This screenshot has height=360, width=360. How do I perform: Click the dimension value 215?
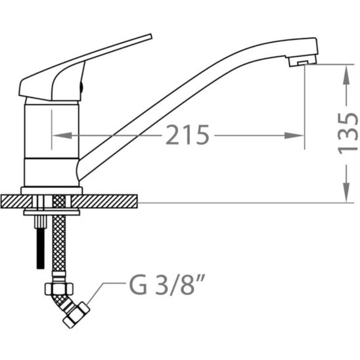[x=187, y=136]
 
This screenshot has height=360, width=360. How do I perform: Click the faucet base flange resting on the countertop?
[x=51, y=190]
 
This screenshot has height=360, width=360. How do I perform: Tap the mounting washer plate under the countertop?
[x=51, y=212]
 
